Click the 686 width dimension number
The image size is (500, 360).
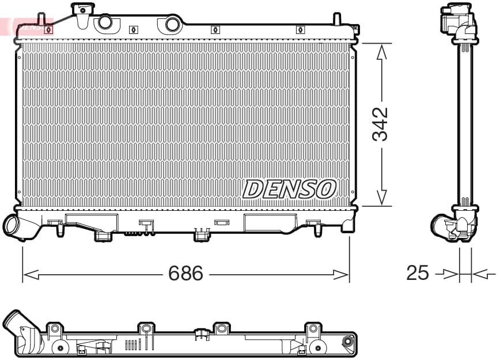coord(185,274)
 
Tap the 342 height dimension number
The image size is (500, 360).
coord(380,124)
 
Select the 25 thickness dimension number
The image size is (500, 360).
coord(417,273)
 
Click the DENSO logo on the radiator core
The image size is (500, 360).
coord(289,189)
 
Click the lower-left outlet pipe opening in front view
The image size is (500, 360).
coord(11,225)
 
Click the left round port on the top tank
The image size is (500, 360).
coord(105,22)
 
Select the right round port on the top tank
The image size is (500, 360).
coord(172,24)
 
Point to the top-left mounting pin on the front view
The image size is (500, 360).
coord(40,18)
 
